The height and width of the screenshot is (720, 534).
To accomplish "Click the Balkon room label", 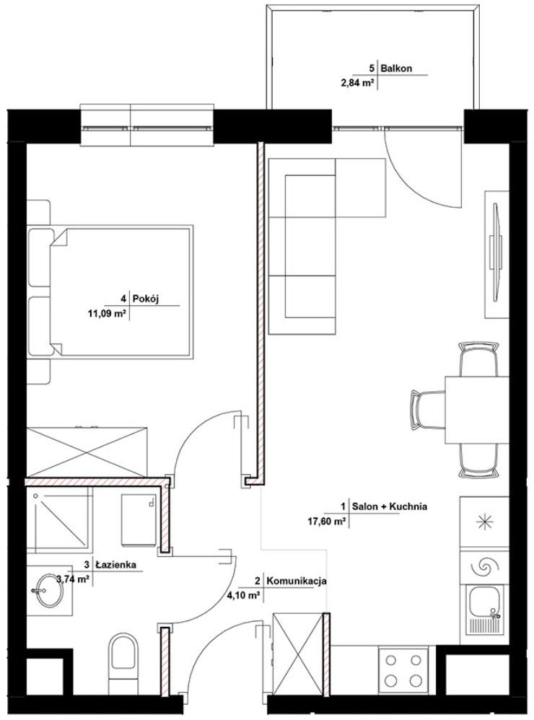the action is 396,69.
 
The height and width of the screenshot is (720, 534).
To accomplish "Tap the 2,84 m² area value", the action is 355,83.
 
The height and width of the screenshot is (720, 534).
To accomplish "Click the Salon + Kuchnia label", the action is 390,506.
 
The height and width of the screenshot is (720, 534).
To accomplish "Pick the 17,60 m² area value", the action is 326,521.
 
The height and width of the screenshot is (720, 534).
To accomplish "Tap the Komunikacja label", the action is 297,581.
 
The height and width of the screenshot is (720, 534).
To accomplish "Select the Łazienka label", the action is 116,565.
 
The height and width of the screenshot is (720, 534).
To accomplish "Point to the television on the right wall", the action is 496,253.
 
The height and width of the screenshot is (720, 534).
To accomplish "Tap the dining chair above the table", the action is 478,359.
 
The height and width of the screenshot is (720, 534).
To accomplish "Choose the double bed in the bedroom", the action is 110,292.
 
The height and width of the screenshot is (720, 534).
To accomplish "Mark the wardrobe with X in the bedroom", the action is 87,452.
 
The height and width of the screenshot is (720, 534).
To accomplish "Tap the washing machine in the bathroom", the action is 138,521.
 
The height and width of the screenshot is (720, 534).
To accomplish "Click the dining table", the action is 476,410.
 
